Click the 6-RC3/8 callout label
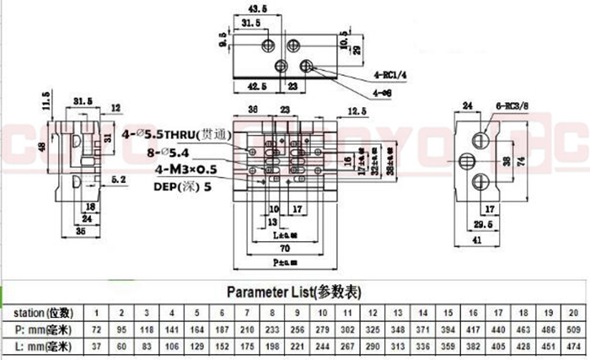click(x=510, y=106)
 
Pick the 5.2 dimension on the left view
click(x=118, y=180)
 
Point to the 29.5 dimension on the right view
click(x=480, y=225)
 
